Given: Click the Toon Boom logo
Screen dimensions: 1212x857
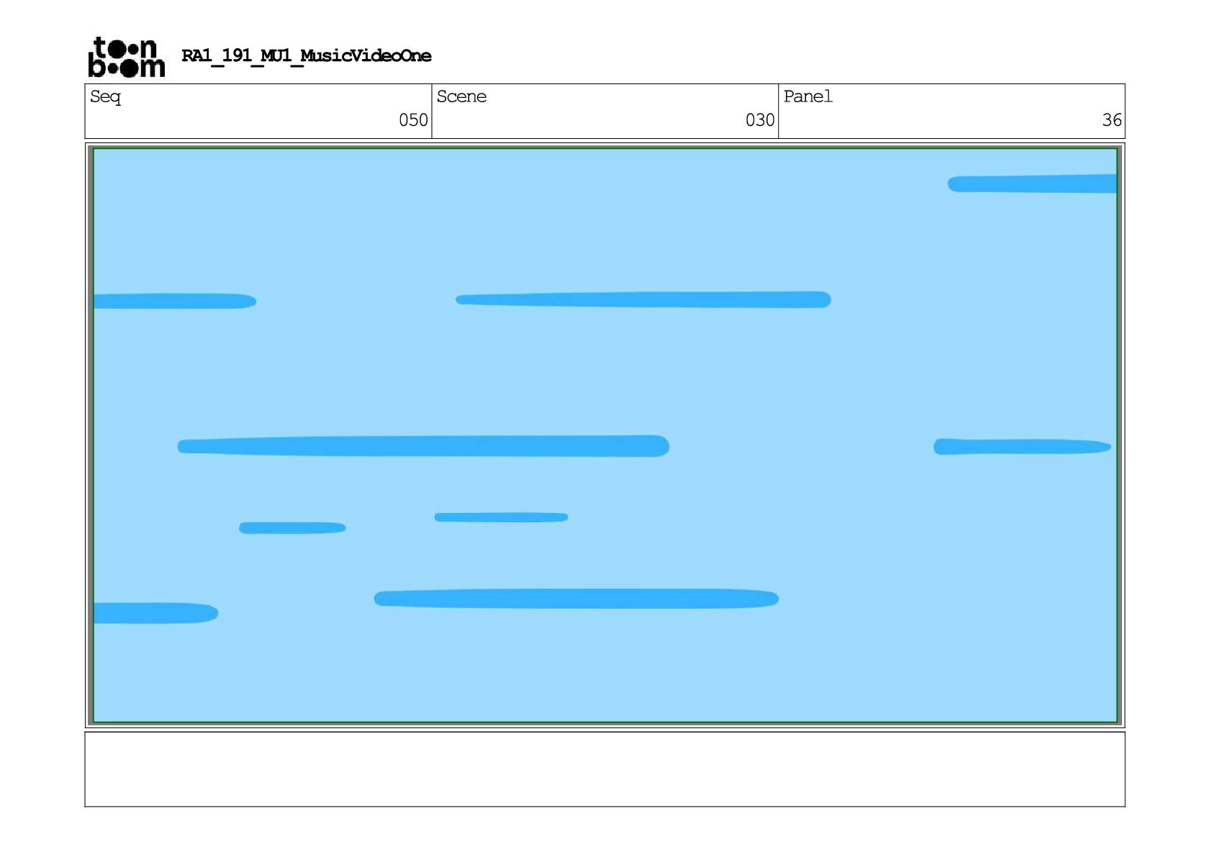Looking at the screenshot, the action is (x=126, y=57).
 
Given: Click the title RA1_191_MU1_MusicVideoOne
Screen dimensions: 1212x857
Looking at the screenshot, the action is (x=306, y=56).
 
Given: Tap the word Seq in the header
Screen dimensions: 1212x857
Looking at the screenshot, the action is (x=105, y=97).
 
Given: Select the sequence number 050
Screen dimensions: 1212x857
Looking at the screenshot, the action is (x=413, y=120).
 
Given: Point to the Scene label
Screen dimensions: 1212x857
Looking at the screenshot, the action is (x=461, y=97).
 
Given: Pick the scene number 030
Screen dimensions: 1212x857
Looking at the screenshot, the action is (x=759, y=120).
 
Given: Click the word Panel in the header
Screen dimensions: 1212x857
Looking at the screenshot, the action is (x=808, y=97).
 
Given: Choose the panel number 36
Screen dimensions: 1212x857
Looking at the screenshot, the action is (x=1111, y=120).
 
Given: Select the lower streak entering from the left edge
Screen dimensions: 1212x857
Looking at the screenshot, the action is (x=155, y=613).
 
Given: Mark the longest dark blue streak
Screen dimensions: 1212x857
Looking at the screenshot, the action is (x=423, y=446).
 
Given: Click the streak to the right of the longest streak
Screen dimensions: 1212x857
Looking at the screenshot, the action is (x=1022, y=447).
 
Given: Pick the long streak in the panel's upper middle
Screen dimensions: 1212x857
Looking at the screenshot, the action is (x=643, y=299).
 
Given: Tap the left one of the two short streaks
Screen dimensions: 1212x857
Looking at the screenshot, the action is (x=292, y=528).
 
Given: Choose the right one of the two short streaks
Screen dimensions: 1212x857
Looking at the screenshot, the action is (x=501, y=517).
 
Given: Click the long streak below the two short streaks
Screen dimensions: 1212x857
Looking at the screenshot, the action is (x=576, y=599).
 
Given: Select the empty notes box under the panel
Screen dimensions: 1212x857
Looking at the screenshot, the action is (x=605, y=769).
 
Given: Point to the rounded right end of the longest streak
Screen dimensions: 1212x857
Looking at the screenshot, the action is (x=661, y=446).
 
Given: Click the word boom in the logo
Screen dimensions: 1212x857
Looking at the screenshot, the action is (x=126, y=68).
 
